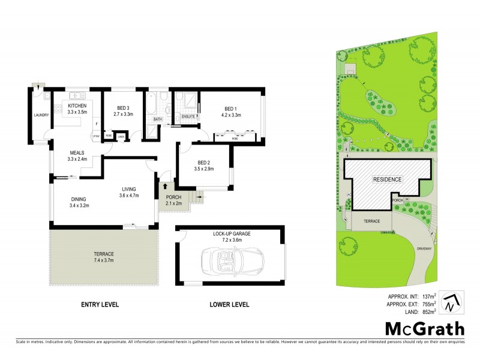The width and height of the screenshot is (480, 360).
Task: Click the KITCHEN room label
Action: (77, 106)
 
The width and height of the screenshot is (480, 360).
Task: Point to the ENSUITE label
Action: (188, 116)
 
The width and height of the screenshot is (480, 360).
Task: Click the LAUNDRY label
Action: (41, 115)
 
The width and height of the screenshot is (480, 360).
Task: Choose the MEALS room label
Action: (77, 152)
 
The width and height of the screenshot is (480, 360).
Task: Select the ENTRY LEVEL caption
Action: (100, 305)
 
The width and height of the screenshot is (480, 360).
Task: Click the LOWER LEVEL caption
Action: (229, 305)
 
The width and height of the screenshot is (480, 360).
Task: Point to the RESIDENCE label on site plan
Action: (387, 179)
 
